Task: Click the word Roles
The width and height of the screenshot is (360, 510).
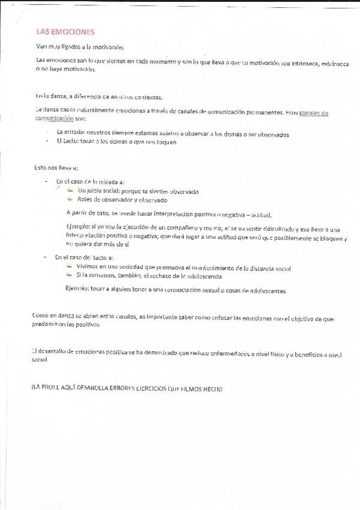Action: tap(88, 200)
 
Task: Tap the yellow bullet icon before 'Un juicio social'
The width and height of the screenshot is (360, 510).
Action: tap(71, 191)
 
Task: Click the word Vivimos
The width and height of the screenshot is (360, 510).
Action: tap(89, 266)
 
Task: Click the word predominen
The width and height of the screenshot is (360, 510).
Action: tap(53, 325)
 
